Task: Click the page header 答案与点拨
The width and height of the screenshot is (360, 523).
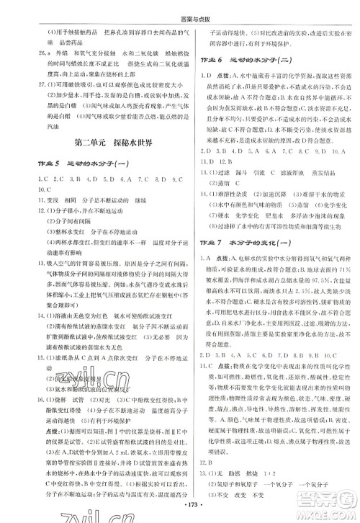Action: [x=179, y=9]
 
